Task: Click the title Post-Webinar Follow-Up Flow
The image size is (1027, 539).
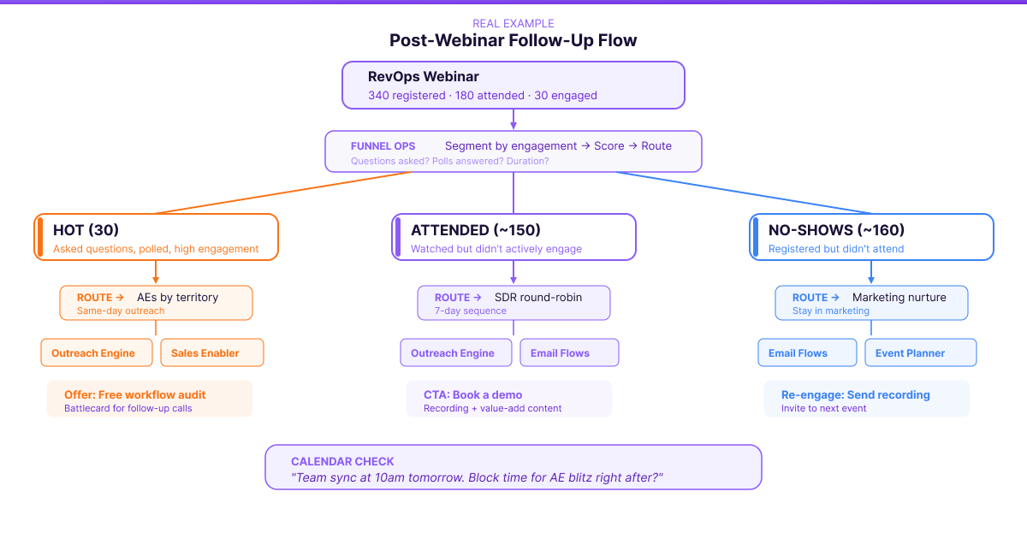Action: click(513, 40)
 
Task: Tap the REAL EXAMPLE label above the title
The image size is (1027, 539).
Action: click(513, 23)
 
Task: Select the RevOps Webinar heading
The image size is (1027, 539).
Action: click(423, 77)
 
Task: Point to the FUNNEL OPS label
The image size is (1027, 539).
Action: click(383, 146)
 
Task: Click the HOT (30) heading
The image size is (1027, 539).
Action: click(86, 230)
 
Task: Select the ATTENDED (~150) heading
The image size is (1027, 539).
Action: click(475, 230)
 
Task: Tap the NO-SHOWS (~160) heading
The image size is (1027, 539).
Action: click(836, 230)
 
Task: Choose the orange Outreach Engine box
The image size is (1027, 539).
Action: click(93, 352)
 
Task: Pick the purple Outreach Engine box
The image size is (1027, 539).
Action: click(453, 352)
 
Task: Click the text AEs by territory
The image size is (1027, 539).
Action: click(177, 298)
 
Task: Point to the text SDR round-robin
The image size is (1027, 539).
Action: click(537, 298)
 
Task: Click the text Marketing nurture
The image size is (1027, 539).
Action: click(899, 298)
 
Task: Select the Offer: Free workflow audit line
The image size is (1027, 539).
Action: click(134, 394)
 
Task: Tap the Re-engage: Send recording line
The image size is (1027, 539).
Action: click(855, 394)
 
